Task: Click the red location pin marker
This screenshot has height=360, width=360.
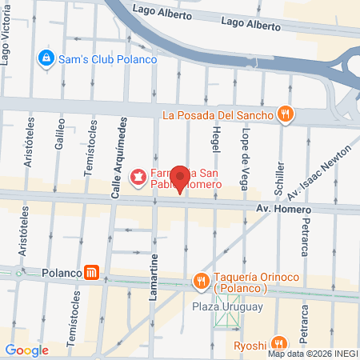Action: pos(181,178)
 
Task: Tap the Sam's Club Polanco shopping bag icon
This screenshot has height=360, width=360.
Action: pos(46,58)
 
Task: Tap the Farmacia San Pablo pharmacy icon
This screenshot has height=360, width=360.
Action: pos(138,176)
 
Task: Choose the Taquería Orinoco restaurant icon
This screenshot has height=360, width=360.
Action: pos(200,281)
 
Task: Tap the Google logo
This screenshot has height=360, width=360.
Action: pos(27,350)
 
